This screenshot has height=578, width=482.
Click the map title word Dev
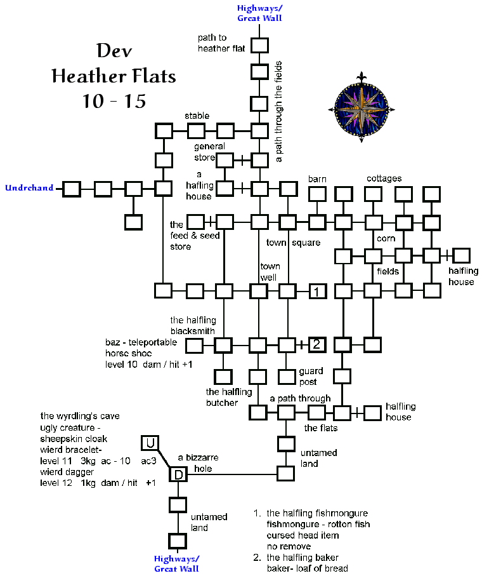pyautogui.click(x=114, y=51)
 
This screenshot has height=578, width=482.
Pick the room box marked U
pyautogui.click(x=150, y=442)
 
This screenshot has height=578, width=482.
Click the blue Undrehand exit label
pyautogui.click(x=29, y=188)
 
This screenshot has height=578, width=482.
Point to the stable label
pyautogui.click(x=197, y=116)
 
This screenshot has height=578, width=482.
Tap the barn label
pyautogui.click(x=317, y=179)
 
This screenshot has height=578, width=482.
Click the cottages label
pyautogui.click(x=384, y=178)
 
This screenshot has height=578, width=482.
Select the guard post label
pyautogui.click(x=311, y=376)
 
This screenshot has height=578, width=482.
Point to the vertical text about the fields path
pyautogui.click(x=279, y=112)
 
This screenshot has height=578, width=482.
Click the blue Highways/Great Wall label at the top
pyautogui.click(x=259, y=13)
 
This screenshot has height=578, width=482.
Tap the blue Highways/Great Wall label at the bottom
pyautogui.click(x=177, y=563)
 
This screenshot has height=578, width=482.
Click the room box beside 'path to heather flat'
pyautogui.click(x=260, y=45)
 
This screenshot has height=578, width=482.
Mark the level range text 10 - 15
pyautogui.click(x=114, y=100)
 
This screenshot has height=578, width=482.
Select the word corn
pyautogui.click(x=386, y=238)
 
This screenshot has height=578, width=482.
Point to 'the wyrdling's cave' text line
pyautogui.click(x=79, y=416)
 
